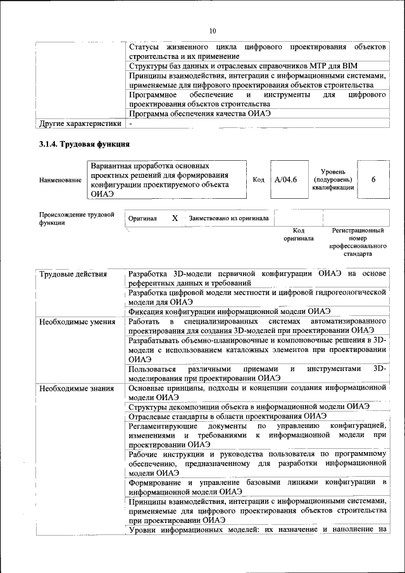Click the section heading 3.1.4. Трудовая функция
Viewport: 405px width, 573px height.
pyautogui.click(x=85, y=145)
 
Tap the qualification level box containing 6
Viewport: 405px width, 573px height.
pyautogui.click(x=373, y=180)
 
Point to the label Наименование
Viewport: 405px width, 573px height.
pyautogui.click(x=60, y=180)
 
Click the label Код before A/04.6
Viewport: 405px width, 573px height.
pyautogui.click(x=258, y=180)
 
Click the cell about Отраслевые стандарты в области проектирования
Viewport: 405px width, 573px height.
pyautogui.click(x=227, y=416)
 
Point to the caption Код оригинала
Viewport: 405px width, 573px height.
pyautogui.click(x=299, y=235)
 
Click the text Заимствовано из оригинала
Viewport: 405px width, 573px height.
pyautogui.click(x=228, y=218)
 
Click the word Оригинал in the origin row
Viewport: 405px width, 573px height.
pyautogui.click(x=142, y=218)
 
